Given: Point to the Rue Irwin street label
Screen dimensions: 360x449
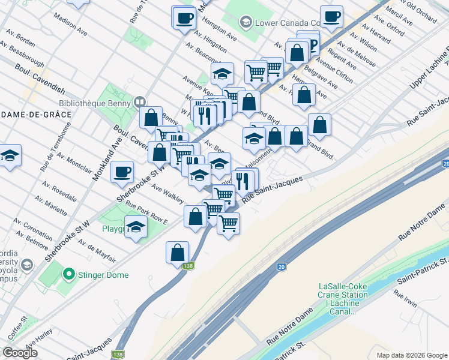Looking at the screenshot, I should coord(406,298).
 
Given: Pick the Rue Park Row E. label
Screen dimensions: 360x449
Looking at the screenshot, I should coord(146,212).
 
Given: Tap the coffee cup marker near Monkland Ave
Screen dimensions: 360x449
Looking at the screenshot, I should coord(122,172).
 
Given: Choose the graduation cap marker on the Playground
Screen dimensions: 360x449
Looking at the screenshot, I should coord(136,227).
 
